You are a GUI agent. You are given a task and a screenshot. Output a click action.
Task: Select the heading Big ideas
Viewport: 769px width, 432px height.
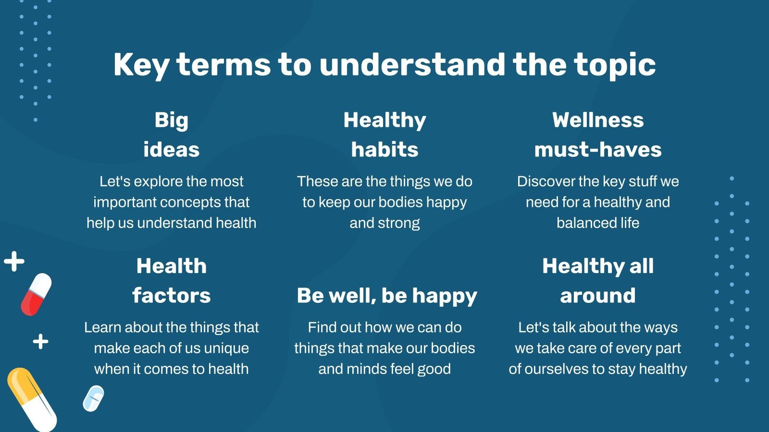171,135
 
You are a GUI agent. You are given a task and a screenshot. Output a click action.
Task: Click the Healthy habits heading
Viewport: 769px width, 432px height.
384,135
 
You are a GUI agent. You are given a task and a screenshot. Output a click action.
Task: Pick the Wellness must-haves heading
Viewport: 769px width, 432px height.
598,135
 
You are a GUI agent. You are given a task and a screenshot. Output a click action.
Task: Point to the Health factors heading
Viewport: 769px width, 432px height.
171,281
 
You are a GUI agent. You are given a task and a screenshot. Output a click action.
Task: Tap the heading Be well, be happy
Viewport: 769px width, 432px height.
387,296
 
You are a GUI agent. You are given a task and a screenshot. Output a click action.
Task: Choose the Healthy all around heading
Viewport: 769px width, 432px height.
598,281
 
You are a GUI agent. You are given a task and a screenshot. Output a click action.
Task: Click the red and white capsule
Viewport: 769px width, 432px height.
36,295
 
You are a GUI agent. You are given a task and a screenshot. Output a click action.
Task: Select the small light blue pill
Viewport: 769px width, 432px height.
93,398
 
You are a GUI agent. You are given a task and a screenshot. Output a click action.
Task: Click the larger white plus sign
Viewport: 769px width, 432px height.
14,262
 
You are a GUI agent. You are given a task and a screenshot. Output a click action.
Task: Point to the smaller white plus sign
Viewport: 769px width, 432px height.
40,341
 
